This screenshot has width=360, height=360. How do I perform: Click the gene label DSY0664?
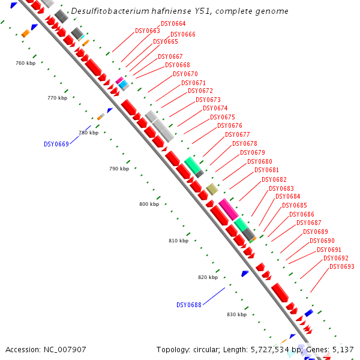pos(173,24)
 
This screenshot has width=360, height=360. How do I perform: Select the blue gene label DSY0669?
pos(56,144)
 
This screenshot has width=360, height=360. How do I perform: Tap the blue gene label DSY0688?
pos(188,305)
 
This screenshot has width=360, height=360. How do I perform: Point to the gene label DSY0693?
pos(342,267)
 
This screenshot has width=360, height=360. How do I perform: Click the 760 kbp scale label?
pos(26,63)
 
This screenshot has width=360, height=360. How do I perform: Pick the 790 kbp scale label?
pos(119,169)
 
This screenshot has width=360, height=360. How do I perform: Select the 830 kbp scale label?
pos(237,314)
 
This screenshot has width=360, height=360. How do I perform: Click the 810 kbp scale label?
pos(178,241)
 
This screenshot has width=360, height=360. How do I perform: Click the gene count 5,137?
pos(343,349)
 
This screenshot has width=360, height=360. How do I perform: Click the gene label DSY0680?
pos(260,162)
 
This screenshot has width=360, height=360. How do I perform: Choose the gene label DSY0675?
pos(223,117)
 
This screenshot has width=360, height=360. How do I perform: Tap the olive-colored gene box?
pos(212,190)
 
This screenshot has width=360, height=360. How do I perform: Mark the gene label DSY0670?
pos(185,74)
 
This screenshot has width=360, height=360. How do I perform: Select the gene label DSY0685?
pos(295,206)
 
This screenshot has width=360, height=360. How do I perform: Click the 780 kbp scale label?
pos(88,133)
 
